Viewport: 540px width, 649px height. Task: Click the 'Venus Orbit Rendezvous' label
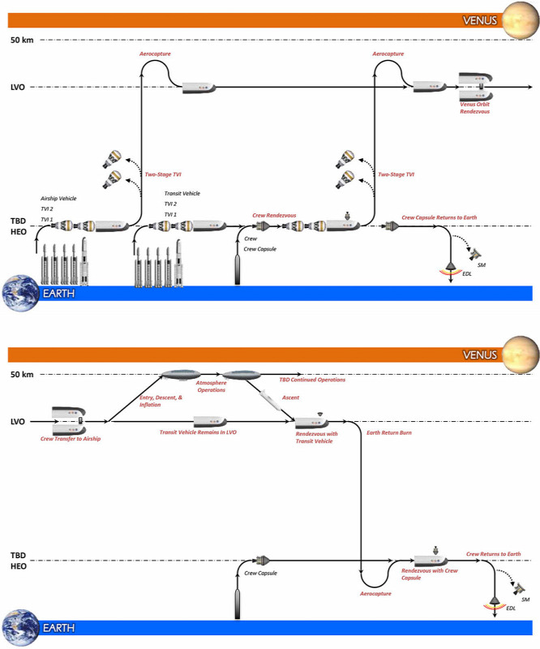(x=474, y=108)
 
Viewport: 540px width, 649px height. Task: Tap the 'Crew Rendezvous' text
(x=274, y=215)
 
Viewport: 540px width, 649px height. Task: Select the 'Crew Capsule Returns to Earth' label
(x=439, y=217)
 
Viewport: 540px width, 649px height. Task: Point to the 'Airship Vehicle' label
(x=58, y=198)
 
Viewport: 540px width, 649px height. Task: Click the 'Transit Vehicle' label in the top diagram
(x=182, y=193)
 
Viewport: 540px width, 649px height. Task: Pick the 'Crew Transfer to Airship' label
(x=71, y=439)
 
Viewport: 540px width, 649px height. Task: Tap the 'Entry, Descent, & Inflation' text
(x=161, y=401)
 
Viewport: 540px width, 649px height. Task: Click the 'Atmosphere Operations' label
(x=211, y=386)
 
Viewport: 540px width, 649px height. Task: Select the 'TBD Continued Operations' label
(x=312, y=380)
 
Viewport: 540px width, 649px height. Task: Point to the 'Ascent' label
(x=290, y=398)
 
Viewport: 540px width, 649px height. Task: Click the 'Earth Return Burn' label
(x=389, y=432)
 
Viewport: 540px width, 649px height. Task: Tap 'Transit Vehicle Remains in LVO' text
(x=198, y=432)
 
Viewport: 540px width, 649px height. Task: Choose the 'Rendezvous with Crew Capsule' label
(x=430, y=574)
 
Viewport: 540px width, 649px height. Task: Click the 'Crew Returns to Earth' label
(x=493, y=554)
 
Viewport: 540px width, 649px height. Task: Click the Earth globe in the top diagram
(x=20, y=293)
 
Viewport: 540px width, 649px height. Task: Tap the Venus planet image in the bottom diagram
(x=521, y=355)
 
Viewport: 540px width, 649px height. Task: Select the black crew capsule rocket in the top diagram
(x=238, y=270)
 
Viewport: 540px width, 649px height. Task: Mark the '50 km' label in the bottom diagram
(x=22, y=375)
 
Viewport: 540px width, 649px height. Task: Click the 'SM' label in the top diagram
(x=482, y=265)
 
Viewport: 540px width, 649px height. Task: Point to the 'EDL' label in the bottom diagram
(x=511, y=608)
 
